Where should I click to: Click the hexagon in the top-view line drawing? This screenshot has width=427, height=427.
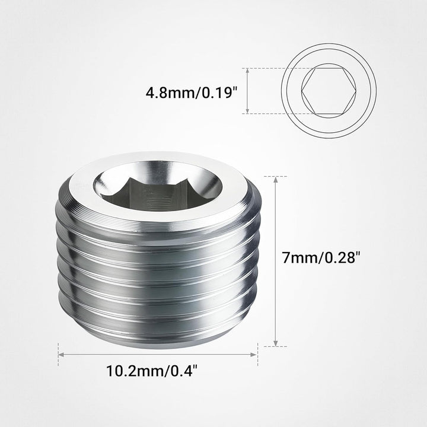click(x=329, y=91)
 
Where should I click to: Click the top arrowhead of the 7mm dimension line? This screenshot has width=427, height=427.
click(x=276, y=179)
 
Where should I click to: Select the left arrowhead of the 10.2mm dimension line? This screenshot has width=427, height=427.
click(x=61, y=355)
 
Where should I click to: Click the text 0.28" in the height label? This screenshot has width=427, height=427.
click(x=346, y=258)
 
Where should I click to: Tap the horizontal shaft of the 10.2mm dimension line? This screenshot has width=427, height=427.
click(x=158, y=355)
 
